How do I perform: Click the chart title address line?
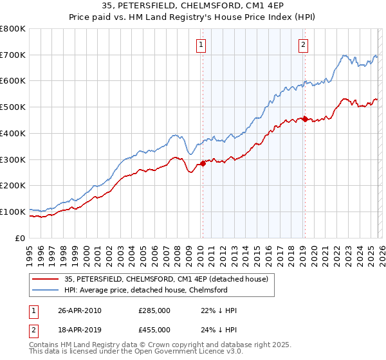click(192, 7)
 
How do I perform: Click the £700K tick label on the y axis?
click(13, 55)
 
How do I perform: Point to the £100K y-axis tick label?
click(13, 212)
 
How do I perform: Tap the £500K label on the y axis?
click(13, 107)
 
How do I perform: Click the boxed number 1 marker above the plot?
click(202, 44)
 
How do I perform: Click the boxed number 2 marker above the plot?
click(303, 44)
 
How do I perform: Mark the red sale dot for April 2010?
click(203, 163)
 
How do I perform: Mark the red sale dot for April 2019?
click(304, 119)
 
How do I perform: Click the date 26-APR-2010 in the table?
click(80, 310)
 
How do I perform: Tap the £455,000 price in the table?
click(154, 330)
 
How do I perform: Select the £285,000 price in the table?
click(154, 310)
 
